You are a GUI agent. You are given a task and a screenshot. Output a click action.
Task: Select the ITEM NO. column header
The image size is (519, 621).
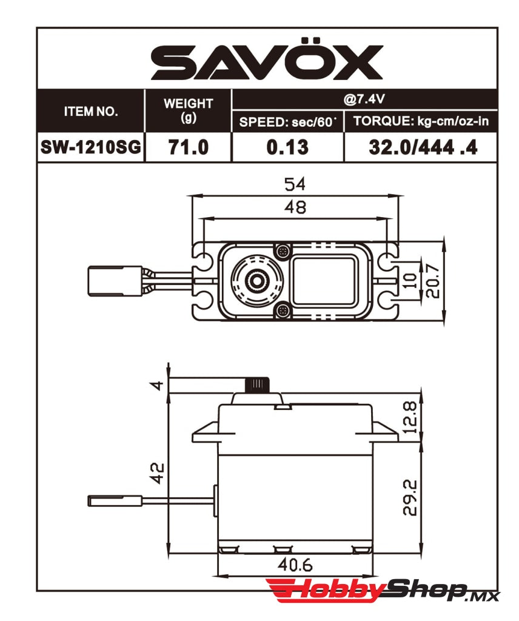pos(91,112)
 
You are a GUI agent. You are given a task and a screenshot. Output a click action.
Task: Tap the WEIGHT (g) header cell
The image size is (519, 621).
pos(189,110)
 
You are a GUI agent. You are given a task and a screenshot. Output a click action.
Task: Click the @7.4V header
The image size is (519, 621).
pos(364,99)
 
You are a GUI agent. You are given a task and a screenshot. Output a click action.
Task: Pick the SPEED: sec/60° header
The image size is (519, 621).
pos(288,121)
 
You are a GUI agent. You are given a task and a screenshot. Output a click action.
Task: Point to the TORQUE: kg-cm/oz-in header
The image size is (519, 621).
pos(421,121)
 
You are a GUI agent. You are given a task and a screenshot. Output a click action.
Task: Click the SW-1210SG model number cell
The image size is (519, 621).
pos(91,147)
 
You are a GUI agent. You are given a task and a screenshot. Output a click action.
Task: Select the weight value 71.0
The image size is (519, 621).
pos(189,147)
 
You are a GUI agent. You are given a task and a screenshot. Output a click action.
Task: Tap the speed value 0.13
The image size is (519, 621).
pos(288,147)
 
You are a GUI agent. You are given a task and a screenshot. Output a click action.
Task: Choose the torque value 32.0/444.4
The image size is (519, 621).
pos(423,147)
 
